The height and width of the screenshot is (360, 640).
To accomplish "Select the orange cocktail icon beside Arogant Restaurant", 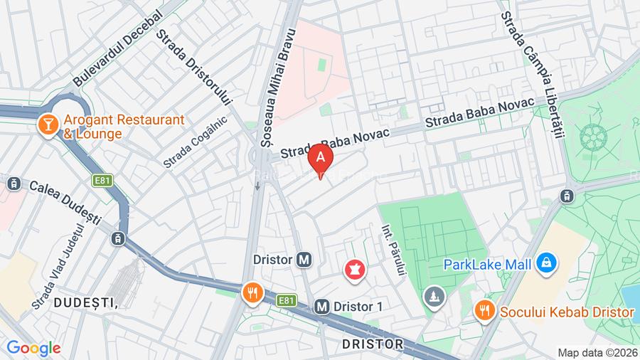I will (x=48, y=125).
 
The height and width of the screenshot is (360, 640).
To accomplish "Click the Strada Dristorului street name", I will (x=195, y=67).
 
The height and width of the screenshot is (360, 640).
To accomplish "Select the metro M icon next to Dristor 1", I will (x=321, y=306).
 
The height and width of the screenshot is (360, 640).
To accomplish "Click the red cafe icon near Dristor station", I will (x=353, y=270).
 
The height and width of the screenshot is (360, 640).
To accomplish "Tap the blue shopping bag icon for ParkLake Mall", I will (x=546, y=264).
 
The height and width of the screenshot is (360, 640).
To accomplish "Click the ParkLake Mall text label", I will (x=487, y=265).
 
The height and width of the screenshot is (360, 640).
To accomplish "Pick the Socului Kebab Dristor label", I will (x=566, y=312).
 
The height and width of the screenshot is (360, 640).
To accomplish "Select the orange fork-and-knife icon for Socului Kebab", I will (x=484, y=311).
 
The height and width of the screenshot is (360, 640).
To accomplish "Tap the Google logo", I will (x=33, y=348).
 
